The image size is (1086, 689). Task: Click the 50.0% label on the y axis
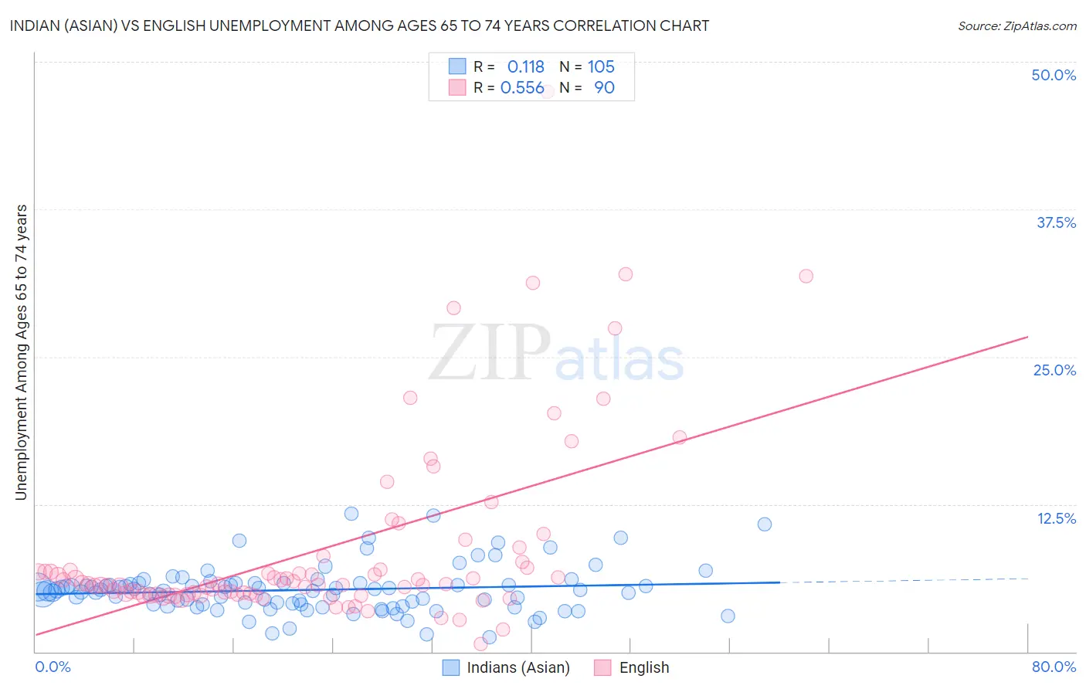(1054, 75)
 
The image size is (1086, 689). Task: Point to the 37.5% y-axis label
(1056, 222)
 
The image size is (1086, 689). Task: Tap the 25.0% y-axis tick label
(1054, 370)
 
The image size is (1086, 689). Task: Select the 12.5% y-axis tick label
(1056, 518)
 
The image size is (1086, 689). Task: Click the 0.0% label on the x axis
(53, 667)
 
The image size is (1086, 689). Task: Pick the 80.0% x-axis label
(1054, 667)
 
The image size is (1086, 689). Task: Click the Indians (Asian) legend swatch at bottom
(451, 667)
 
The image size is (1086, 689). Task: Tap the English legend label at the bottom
(644, 667)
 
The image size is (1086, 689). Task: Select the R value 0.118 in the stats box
(525, 67)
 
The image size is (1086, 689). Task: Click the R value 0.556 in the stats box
(522, 88)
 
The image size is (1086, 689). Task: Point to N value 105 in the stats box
(601, 67)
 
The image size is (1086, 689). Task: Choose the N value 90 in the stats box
(604, 88)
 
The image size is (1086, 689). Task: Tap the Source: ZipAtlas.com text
(1016, 25)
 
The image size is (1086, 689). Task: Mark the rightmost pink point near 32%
(806, 276)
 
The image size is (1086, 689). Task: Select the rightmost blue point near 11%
(765, 524)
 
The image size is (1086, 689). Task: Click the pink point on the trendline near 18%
(680, 437)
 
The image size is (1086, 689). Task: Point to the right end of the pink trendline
(1027, 337)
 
